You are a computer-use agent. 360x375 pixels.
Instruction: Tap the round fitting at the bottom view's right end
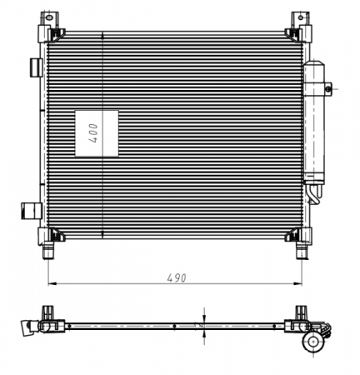[x=314, y=340]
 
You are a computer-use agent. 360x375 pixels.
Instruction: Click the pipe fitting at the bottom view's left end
[x=25, y=325]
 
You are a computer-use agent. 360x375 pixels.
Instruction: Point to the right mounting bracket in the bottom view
[x=298, y=317]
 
